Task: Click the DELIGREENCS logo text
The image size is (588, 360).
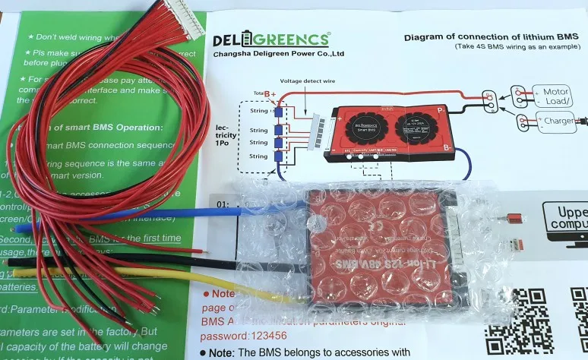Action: pyautogui.click(x=270, y=39)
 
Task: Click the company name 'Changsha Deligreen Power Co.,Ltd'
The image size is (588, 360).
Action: pyautogui.click(x=279, y=54)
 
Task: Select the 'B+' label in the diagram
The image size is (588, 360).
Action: pyautogui.click(x=269, y=93)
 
